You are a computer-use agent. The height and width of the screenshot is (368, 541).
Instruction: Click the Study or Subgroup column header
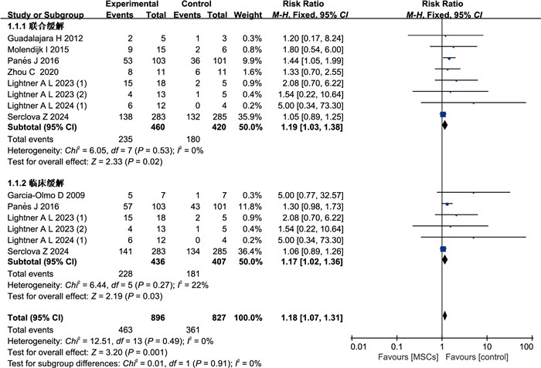40,13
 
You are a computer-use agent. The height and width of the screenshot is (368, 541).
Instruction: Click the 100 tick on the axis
528,348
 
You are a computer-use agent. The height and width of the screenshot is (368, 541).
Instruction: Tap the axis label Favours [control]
481,359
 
